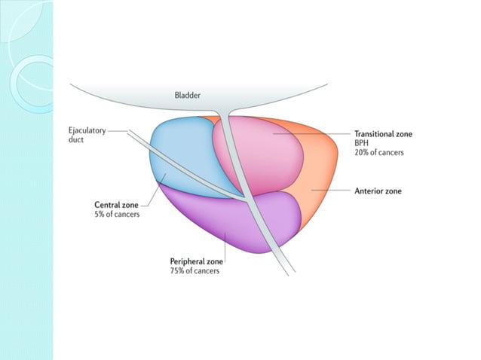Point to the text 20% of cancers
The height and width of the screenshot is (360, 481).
[379, 152]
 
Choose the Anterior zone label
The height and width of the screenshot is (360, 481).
[378, 191]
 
